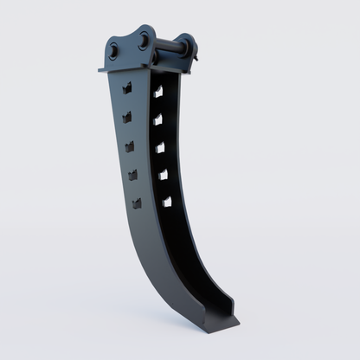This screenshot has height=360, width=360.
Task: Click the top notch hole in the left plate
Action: click(x=127, y=87)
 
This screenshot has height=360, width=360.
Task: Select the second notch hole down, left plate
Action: click(x=127, y=116)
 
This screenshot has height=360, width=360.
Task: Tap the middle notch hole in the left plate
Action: click(x=130, y=146)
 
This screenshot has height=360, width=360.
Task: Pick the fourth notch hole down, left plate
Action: click(x=133, y=175)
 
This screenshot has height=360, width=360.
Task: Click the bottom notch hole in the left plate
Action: click(x=137, y=203)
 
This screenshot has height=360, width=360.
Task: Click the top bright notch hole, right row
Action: click(x=158, y=91)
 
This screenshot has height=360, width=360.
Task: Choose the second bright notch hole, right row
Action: click(x=158, y=119)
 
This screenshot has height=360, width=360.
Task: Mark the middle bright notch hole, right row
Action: click(x=160, y=147)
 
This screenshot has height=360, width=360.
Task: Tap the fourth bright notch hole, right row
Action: click(x=163, y=174)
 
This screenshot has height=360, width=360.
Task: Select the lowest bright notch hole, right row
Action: click(x=166, y=201)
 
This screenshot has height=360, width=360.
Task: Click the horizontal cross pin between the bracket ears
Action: click(x=170, y=48)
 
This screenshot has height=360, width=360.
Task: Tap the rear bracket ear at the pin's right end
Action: click(x=187, y=47)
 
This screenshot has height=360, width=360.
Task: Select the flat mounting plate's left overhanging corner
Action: click(x=104, y=69)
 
